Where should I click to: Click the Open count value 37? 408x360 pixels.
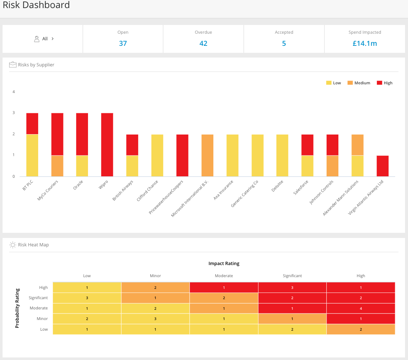point(123,43)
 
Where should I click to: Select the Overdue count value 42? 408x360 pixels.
point(203,43)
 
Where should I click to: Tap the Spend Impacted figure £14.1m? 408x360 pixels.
point(364,43)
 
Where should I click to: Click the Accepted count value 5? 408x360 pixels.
point(284,43)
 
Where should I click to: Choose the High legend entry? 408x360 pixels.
point(385,83)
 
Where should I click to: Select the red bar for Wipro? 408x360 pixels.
point(107,145)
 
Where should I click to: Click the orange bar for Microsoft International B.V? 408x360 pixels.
point(207,155)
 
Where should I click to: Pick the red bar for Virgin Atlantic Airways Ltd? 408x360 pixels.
point(383,166)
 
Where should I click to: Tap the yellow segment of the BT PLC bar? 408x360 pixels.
point(32,155)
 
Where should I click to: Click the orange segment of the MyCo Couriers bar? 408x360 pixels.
point(57,166)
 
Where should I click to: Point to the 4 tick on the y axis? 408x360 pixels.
point(14,92)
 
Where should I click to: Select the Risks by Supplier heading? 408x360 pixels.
point(36,65)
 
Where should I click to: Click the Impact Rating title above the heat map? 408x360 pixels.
point(224,264)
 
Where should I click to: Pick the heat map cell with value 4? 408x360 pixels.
point(361,308)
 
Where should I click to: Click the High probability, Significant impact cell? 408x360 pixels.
point(292,287)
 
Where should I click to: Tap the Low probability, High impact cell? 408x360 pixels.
point(361,329)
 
